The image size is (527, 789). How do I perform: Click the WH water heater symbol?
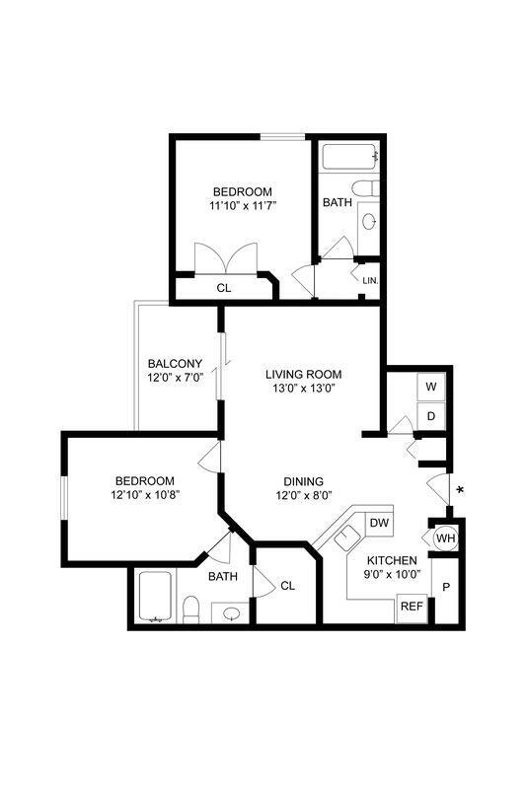445,538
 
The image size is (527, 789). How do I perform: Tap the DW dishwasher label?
380,522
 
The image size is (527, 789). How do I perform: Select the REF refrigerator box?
410,607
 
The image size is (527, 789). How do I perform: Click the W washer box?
431,386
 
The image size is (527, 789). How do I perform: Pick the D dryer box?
431,416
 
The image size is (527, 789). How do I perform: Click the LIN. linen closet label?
370,281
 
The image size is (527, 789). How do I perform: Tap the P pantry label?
446,587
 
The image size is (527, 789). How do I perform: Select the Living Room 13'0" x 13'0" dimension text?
303,390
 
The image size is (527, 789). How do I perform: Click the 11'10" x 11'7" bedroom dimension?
242,207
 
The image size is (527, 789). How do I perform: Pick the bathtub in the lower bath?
157,598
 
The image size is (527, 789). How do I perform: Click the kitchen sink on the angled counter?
346,538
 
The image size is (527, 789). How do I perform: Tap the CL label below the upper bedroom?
223,288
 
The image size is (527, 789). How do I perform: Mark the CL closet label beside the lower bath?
287,586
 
